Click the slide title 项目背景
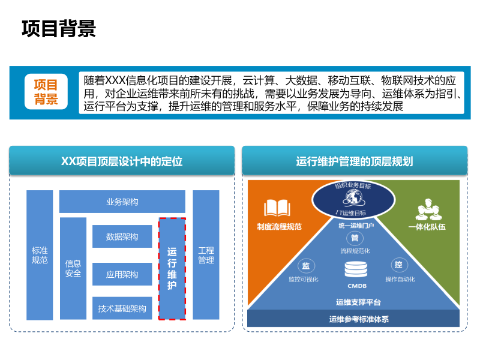[59, 28]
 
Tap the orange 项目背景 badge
[46, 92]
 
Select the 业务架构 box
[122, 202]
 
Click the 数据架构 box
[122, 237]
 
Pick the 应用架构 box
[122, 274]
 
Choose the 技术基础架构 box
[122, 308]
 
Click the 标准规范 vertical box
[40, 255]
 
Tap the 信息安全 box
[73, 268]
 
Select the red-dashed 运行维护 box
[172, 268]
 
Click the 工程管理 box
[206, 255]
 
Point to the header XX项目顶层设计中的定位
[122, 161]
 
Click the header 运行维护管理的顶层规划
[355, 161]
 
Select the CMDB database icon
[356, 271]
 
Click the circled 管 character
[355, 238]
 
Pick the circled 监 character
[305, 266]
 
